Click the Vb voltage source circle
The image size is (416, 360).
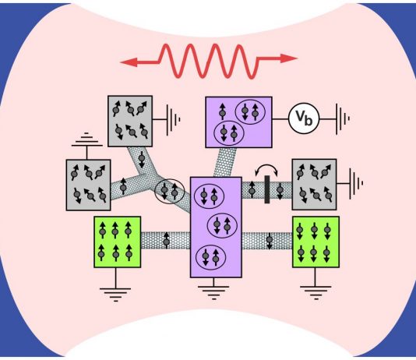click(304, 118)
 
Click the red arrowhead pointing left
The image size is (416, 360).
click(129, 62)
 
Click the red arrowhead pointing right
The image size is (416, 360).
click(289, 58)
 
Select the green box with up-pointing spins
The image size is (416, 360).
click(118, 242)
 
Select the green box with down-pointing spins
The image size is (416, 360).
click(316, 242)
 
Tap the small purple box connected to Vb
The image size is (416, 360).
click(239, 122)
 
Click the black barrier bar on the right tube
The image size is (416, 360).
click(267, 189)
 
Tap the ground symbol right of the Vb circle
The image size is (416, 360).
click(343, 119)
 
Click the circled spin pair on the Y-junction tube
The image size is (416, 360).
click(169, 191)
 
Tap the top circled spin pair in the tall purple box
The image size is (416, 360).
click(210, 196)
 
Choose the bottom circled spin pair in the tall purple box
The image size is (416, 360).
click(210, 257)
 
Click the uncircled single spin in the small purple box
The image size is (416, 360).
click(223, 111)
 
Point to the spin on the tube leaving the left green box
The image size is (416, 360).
click(167, 240)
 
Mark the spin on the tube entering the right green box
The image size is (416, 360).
click(270, 241)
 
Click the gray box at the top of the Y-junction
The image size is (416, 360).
click(130, 121)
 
